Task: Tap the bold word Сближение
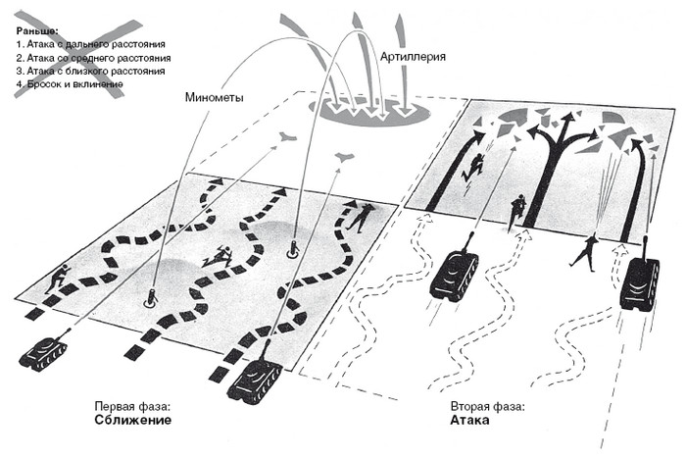133,421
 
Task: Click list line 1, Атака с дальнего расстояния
90,45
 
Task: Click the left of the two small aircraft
287,137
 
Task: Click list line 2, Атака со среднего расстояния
93,58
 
